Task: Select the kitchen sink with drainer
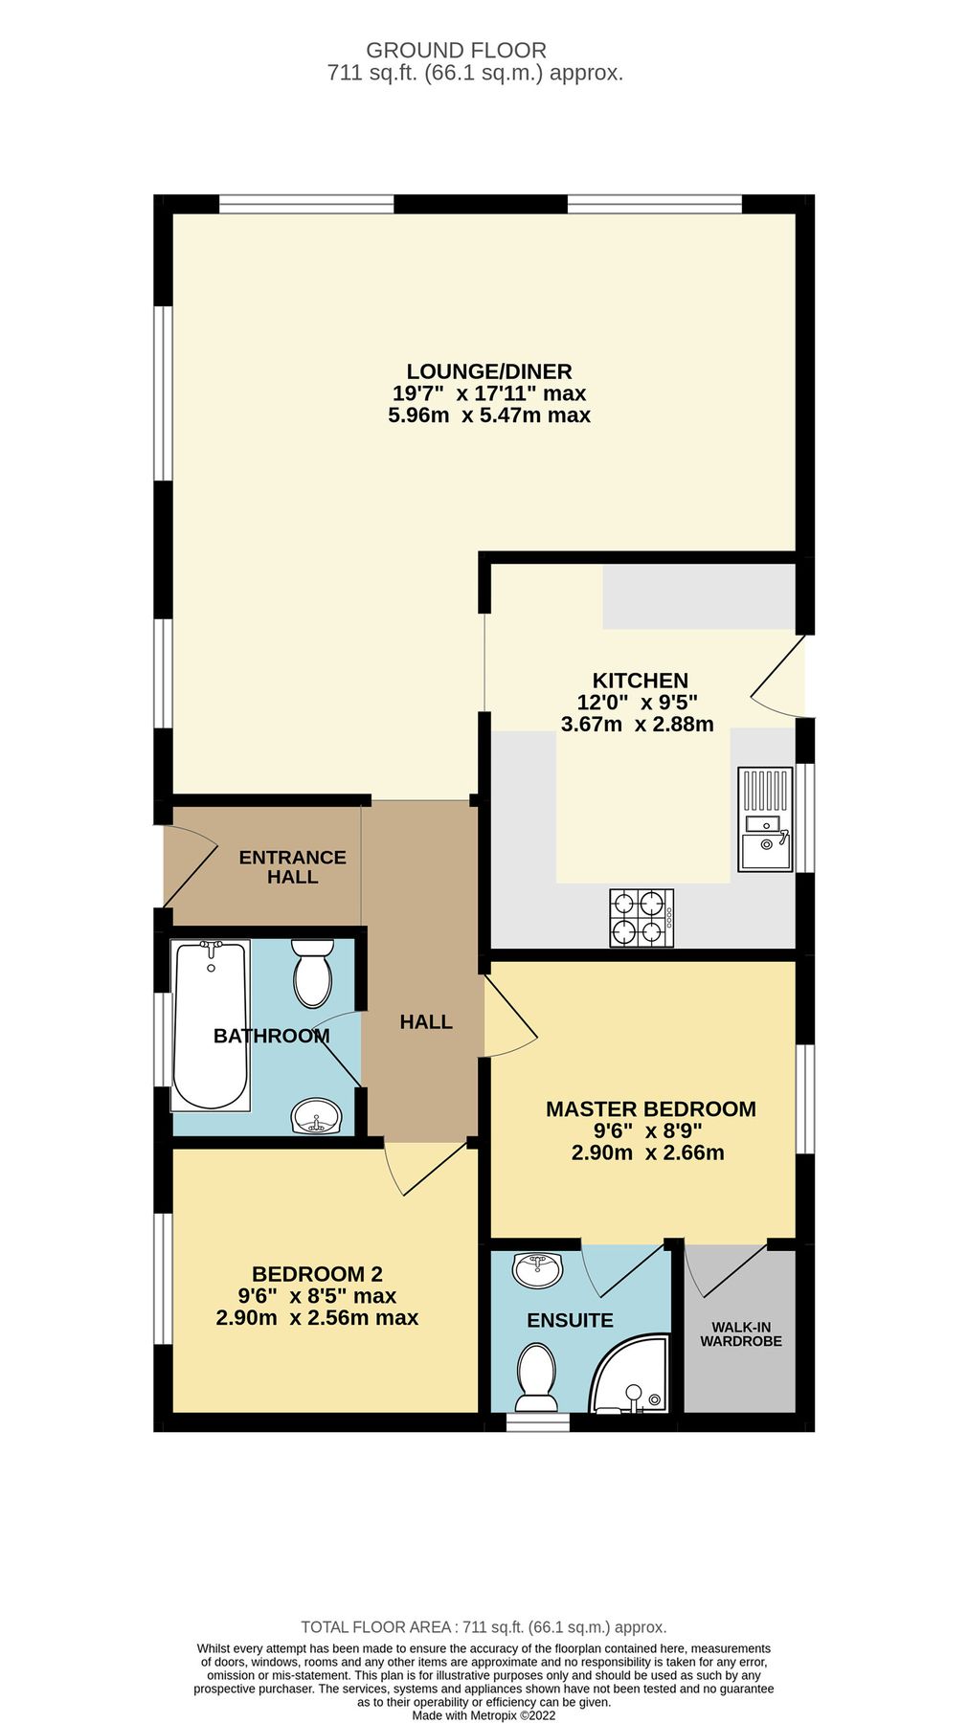pos(765,818)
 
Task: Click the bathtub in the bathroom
pos(210,1025)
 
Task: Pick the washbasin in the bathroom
pos(316,1115)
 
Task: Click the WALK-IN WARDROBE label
pos(740,1334)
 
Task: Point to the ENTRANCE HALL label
pos(292,866)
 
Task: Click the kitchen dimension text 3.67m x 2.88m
pos(637,724)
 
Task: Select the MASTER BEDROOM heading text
pos(650,1108)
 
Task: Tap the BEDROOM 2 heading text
pos(317,1273)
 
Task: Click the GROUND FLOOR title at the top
pos(456,50)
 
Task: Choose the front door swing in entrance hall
pos(191,864)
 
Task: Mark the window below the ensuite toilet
pos(537,1422)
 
